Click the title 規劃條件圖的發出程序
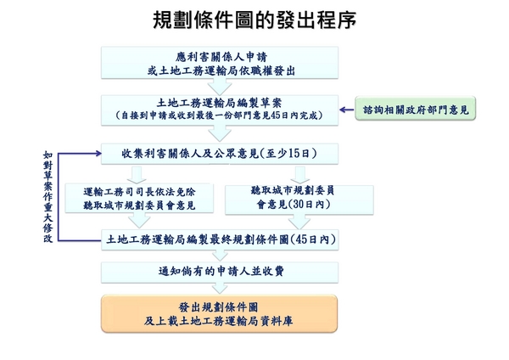pyautogui.click(x=255, y=20)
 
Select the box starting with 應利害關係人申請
pyautogui.click(x=220, y=63)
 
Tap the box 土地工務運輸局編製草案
pyautogui.click(x=220, y=110)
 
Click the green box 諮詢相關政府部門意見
pyautogui.click(x=416, y=109)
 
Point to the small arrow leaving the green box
pyautogui.click(x=347, y=110)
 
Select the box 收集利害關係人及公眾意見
pyautogui.click(x=220, y=154)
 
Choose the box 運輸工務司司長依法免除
pyautogui.click(x=139, y=198)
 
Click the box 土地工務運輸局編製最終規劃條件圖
pyautogui.click(x=220, y=240)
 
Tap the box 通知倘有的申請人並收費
pyautogui.click(x=220, y=272)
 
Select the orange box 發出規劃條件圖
pyautogui.click(x=220, y=314)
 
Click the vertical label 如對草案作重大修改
pyautogui.click(x=48, y=197)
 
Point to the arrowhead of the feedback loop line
pyautogui.click(x=98, y=154)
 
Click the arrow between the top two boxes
pyautogui.click(x=220, y=87)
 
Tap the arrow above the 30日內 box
pyautogui.click(x=300, y=175)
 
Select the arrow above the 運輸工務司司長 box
pyautogui.click(x=137, y=175)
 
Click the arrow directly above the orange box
pyautogui.click(x=220, y=288)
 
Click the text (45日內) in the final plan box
pyautogui.click(x=313, y=239)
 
